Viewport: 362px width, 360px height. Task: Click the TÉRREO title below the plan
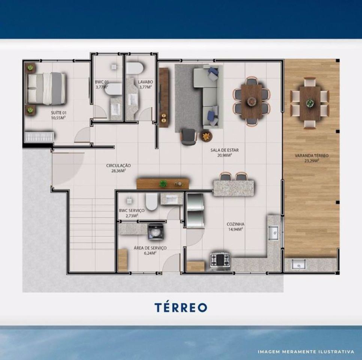(x=181, y=307)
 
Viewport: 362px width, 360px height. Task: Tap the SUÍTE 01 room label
(x=58, y=113)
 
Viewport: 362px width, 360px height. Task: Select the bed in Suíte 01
(x=46, y=88)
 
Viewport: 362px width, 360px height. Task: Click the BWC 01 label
(x=102, y=82)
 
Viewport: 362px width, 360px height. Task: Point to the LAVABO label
(x=145, y=82)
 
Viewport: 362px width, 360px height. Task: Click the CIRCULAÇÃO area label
(x=118, y=165)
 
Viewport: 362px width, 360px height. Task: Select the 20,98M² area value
(x=224, y=155)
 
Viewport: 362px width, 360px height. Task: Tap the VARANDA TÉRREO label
(x=312, y=156)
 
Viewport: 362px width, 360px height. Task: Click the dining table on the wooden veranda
(x=310, y=103)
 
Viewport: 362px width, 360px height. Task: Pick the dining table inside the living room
(x=252, y=102)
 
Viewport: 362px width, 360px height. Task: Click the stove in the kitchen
(x=220, y=261)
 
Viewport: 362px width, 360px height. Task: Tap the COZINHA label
(x=235, y=224)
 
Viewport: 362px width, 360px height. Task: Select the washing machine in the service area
(x=156, y=232)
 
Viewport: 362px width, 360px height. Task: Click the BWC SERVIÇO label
(x=132, y=210)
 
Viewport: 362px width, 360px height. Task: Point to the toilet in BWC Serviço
(x=151, y=201)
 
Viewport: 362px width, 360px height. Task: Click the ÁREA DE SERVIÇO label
(x=150, y=248)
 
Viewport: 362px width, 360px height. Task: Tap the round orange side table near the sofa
(x=206, y=136)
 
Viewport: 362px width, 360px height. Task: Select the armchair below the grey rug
(x=188, y=137)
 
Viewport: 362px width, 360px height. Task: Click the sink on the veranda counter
(x=299, y=264)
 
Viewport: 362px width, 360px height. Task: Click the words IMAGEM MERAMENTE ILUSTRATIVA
(x=306, y=352)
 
